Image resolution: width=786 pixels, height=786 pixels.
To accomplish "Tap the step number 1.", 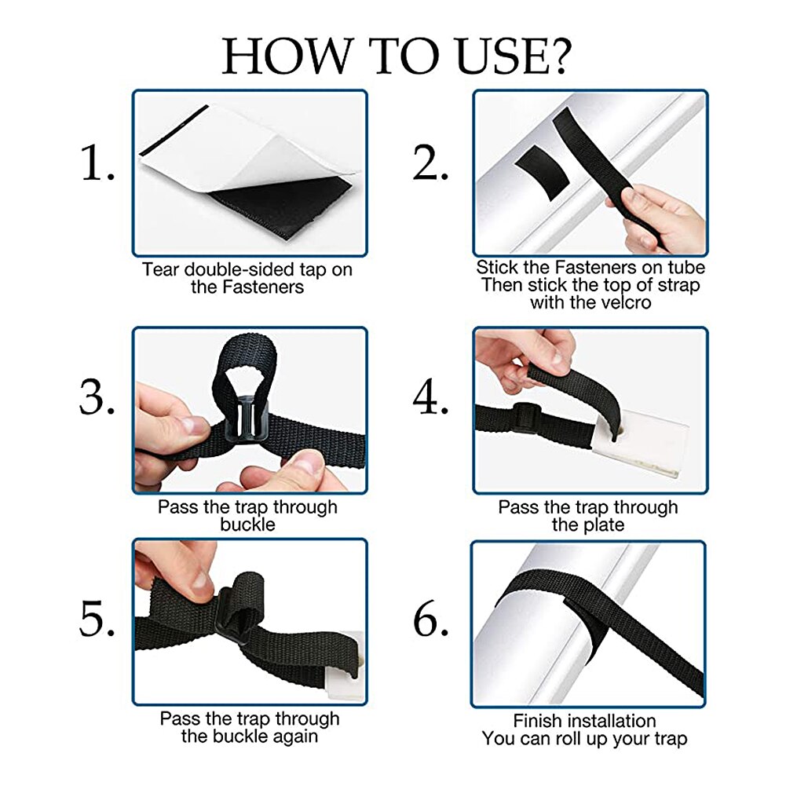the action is coord(97,163).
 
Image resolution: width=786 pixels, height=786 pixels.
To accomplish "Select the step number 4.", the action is coord(430,397).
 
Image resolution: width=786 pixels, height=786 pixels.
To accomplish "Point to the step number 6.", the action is coord(430,619).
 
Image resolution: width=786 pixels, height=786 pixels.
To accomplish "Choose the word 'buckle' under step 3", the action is coord(247,525).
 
